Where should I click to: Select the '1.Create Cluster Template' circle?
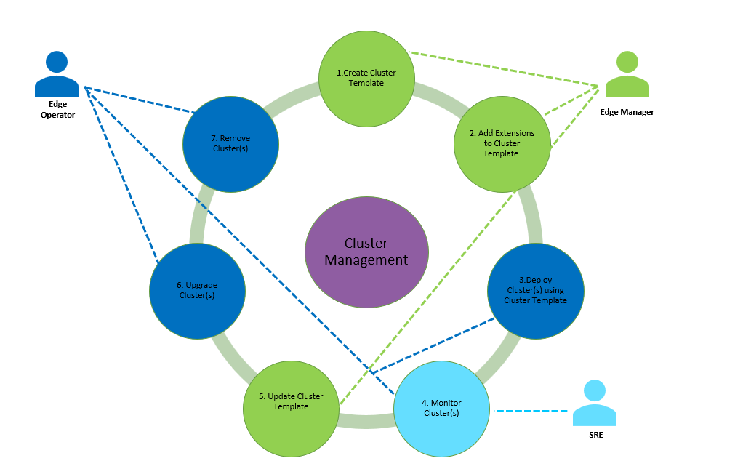[x=366, y=78]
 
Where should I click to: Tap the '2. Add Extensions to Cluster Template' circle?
[x=502, y=144]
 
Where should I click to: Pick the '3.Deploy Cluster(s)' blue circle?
[x=535, y=291]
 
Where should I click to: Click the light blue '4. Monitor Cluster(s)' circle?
[x=441, y=408]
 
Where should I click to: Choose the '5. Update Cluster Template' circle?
[x=291, y=409]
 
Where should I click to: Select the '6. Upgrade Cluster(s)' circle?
[x=197, y=291]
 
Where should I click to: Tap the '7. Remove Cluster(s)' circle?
[x=230, y=144]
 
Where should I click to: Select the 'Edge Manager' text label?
[x=627, y=112]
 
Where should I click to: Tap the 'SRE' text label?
[x=595, y=435]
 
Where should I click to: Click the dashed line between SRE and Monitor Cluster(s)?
[x=531, y=412]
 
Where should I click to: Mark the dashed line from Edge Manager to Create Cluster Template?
[x=502, y=69]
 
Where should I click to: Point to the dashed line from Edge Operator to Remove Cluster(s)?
[x=138, y=100]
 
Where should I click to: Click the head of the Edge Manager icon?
[x=627, y=61]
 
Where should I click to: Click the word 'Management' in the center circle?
[x=366, y=260]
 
